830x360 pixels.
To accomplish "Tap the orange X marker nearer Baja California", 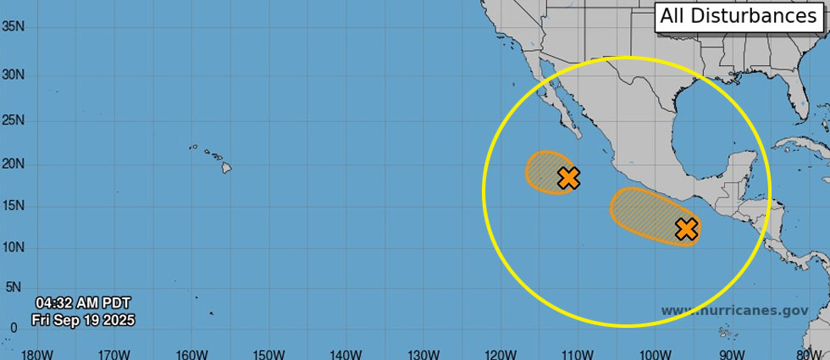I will [569, 178].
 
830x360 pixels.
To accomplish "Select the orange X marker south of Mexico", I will [686, 229].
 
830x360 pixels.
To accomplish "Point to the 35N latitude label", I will [13, 26].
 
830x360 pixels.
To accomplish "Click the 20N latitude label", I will [13, 163].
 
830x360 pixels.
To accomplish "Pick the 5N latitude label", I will [13, 287].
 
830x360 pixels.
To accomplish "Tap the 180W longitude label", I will [36, 353].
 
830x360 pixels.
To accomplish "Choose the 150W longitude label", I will [268, 353].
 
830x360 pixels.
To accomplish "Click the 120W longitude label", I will [500, 353].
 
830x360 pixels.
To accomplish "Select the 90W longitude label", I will [732, 353].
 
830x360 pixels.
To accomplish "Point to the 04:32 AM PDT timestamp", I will [83, 302].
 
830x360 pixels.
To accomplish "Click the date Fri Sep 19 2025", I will [83, 320].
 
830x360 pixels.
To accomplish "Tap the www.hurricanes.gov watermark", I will [734, 311].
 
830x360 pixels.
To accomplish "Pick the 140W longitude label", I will [346, 353].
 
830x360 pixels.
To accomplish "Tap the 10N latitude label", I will [13, 247].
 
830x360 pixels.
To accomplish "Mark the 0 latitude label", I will [13, 328].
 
